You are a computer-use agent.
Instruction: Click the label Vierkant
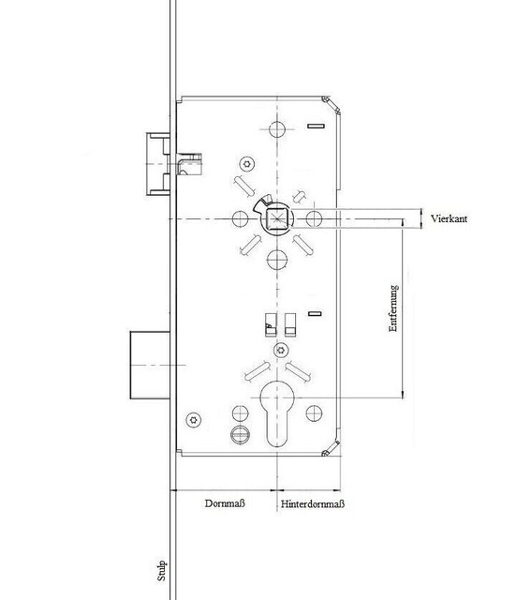449,218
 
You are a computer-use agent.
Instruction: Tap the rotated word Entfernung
393,308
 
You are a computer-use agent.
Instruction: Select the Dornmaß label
225,503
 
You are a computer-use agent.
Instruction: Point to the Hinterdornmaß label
313,503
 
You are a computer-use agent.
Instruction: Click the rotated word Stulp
161,571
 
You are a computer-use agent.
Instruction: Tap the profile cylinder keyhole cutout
276,413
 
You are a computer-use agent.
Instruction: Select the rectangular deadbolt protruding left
150,365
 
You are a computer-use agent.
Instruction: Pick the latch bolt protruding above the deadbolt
158,164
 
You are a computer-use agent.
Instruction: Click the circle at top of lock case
277,129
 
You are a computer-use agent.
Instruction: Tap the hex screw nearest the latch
247,164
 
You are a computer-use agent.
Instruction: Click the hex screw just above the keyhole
281,350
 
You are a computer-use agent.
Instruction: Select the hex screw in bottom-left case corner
194,420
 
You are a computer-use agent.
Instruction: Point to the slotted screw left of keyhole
240,434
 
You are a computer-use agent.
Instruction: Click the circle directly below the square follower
277,260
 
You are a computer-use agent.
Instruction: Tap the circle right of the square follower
314,218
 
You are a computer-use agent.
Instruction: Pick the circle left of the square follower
240,218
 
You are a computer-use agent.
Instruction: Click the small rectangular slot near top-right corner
317,126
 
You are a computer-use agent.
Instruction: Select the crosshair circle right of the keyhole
314,413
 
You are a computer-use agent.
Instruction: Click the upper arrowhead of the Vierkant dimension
421,212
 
